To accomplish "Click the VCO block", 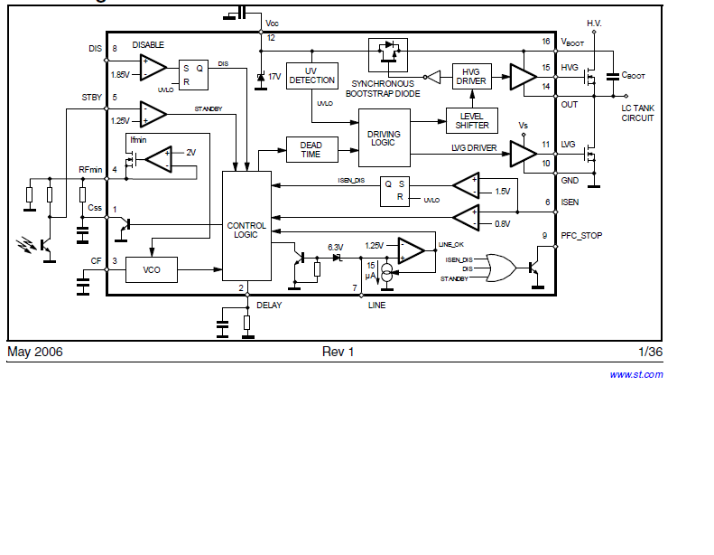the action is [x=151, y=269].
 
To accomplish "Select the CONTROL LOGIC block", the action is [x=246, y=226].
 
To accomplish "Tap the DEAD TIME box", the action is [x=312, y=149].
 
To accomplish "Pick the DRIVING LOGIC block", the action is [x=385, y=137].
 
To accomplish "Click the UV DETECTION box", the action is [x=312, y=76].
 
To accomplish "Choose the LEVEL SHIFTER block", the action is [x=472, y=121].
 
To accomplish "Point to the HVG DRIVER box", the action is [x=472, y=76].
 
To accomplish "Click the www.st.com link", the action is [x=636, y=374].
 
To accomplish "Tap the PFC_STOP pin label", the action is [x=581, y=236].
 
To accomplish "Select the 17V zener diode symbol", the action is [x=261, y=78].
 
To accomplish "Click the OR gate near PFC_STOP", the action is [x=501, y=268].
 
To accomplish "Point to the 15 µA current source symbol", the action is [x=386, y=273].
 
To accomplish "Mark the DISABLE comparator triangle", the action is [x=153, y=68].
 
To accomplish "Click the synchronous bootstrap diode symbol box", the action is [x=388, y=55].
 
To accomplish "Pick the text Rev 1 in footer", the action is [x=338, y=352].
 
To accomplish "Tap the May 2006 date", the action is [x=35, y=352].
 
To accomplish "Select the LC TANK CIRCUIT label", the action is [x=637, y=113].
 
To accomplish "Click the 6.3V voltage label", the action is [x=336, y=247].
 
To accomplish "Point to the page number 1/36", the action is [x=650, y=352].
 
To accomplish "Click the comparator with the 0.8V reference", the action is [x=467, y=218].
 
